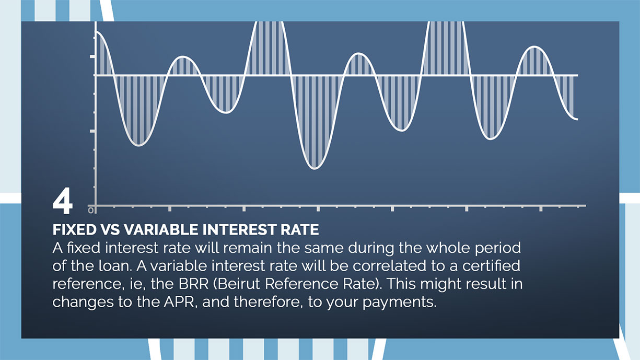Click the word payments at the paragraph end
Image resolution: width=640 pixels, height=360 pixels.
pyautogui.click(x=400, y=303)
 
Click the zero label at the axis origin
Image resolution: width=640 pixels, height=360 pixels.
pyautogui.click(x=91, y=211)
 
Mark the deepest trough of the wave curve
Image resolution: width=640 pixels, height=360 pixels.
pyautogui.click(x=315, y=168)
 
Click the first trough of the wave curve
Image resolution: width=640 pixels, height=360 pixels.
pyautogui.click(x=138, y=145)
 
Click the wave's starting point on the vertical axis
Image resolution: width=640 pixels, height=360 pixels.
pyautogui.click(x=96, y=32)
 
